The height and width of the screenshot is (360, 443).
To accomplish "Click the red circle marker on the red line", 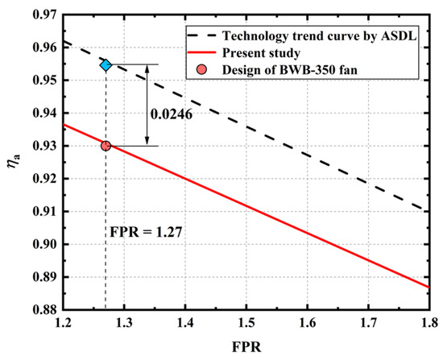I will coord(106,146).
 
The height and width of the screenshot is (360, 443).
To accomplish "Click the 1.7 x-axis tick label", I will coord(368,324).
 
